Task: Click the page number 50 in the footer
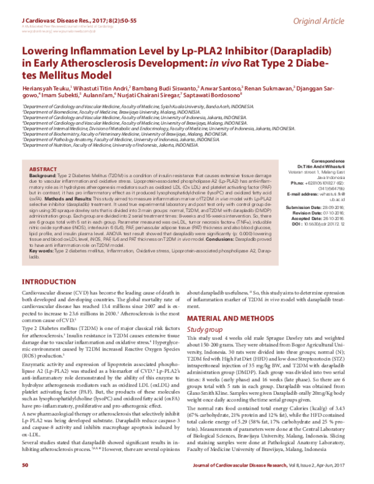26,465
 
